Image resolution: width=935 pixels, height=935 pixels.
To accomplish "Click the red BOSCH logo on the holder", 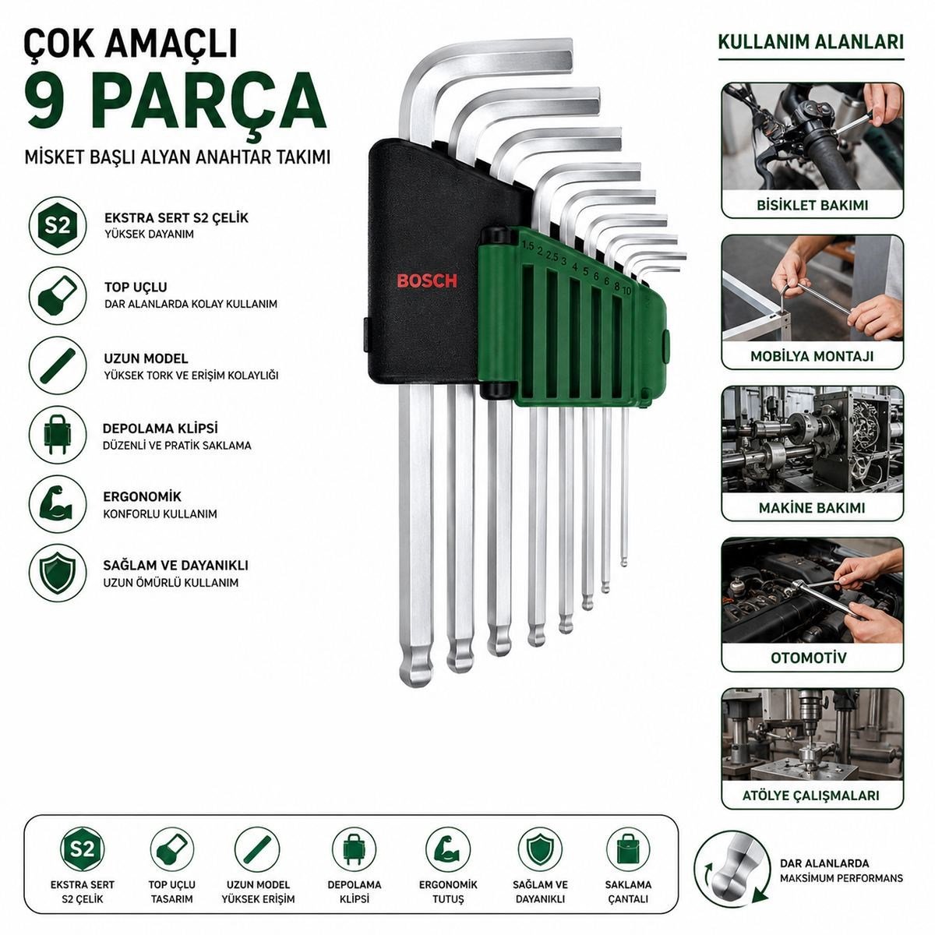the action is click(x=427, y=281).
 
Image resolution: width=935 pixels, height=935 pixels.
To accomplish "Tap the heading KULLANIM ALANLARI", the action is click(x=811, y=42).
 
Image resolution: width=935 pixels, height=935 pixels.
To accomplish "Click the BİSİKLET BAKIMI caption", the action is click(x=812, y=205).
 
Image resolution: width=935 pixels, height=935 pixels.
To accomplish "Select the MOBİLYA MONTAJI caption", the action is click(x=812, y=356).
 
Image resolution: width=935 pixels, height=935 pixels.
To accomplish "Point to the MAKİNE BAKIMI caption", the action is click(x=812, y=508).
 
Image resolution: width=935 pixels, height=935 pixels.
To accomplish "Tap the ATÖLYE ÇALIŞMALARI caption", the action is click(x=811, y=809).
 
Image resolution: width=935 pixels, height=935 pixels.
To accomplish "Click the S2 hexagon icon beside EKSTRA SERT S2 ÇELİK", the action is click(x=58, y=226).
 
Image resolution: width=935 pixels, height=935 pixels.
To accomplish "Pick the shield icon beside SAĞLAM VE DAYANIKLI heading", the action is click(x=58, y=573).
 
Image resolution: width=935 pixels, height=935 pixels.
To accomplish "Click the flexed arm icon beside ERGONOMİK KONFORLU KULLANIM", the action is click(x=58, y=504).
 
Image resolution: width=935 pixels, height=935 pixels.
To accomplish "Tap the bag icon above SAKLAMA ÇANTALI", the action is click(x=628, y=849).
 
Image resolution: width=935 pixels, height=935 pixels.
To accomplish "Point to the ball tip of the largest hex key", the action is click(x=416, y=672).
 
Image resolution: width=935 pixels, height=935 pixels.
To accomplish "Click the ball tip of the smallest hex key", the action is click(x=624, y=561).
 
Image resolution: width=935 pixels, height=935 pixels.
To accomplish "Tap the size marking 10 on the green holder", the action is click(x=626, y=291).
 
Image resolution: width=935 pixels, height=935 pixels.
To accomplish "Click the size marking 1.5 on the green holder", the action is click(x=527, y=246).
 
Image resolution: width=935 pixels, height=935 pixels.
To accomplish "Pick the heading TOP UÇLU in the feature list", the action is click(x=136, y=288).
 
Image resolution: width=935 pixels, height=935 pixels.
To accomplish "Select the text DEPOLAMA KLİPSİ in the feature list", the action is click(x=161, y=429).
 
